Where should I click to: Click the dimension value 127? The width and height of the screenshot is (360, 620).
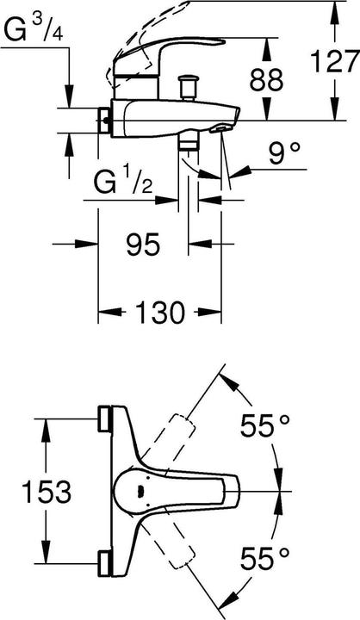pyautogui.click(x=335, y=61)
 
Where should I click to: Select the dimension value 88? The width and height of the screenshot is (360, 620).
pyautogui.click(x=266, y=79)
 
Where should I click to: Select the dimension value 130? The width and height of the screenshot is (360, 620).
pyautogui.click(x=160, y=312)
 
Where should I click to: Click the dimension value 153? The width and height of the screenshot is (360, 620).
pyautogui.click(x=47, y=492)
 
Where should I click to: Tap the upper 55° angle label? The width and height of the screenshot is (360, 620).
pyautogui.click(x=265, y=425)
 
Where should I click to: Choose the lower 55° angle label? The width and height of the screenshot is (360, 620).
pyautogui.click(x=265, y=557)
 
